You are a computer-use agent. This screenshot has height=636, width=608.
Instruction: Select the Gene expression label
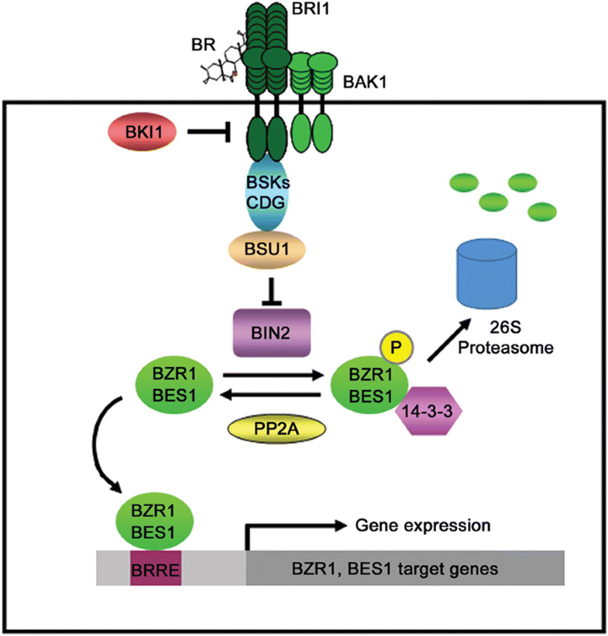coord(423,526)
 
